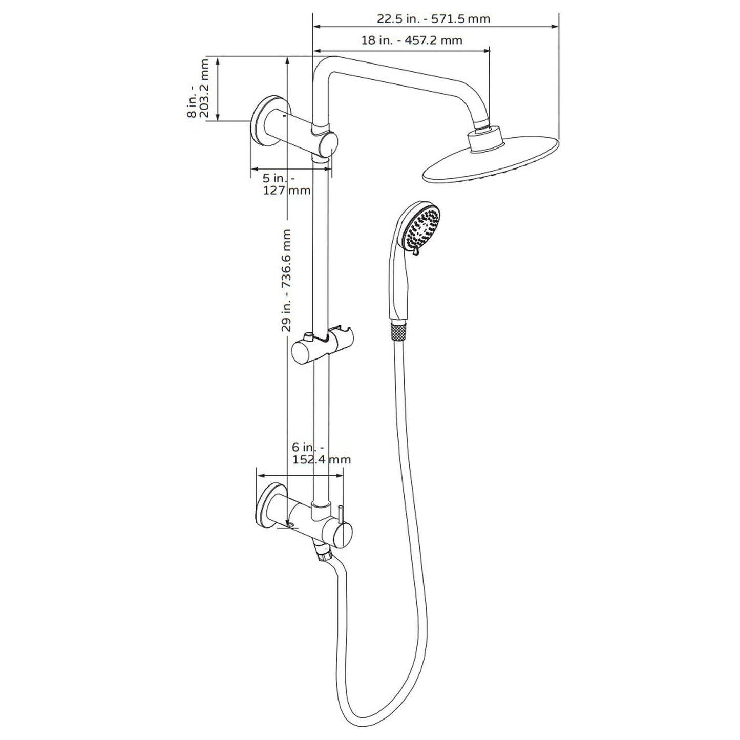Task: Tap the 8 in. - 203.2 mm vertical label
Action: click(198, 89)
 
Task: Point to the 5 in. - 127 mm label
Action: click(286, 184)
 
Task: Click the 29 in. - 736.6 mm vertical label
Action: click(287, 281)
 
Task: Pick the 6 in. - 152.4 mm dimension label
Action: click(321, 454)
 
